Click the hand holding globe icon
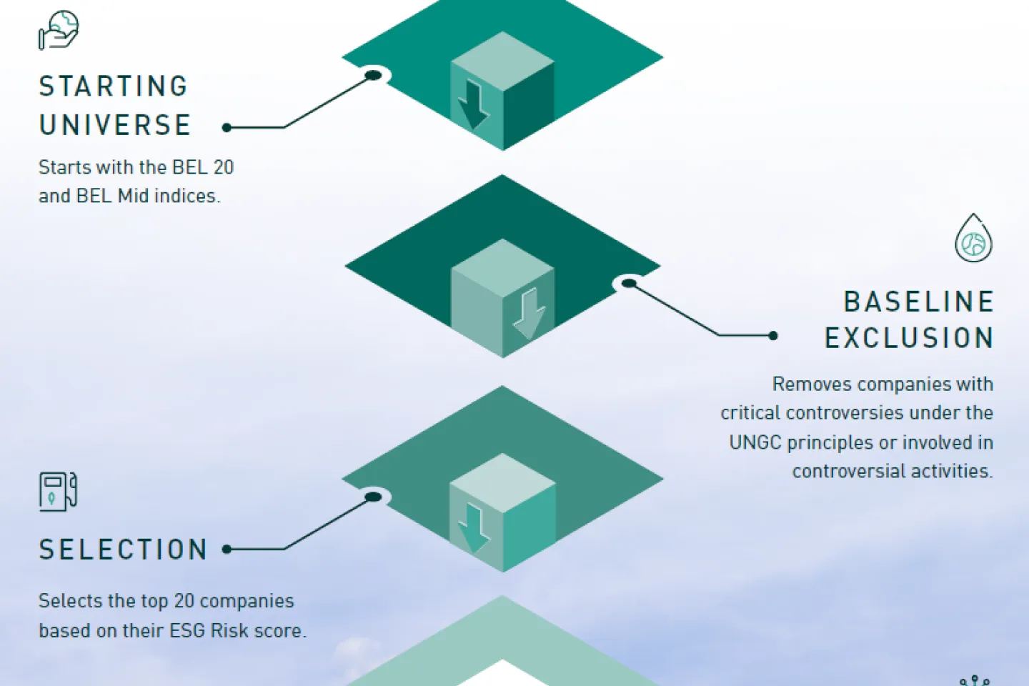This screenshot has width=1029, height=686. (x=59, y=30)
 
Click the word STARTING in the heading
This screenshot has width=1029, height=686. (x=114, y=86)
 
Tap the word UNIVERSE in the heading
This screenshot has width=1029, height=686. (x=115, y=125)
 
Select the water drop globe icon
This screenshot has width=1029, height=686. (x=973, y=239)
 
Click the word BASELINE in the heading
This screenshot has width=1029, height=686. (x=919, y=302)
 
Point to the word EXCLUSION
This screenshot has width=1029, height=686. (x=909, y=338)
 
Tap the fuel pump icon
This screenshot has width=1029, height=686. (x=58, y=492)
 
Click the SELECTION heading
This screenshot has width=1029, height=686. (x=123, y=550)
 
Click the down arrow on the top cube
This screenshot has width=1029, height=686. (x=472, y=104)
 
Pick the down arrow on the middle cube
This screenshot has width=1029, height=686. (x=529, y=313)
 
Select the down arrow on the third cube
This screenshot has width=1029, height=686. (x=473, y=527)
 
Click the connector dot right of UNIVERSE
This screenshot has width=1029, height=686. (x=227, y=128)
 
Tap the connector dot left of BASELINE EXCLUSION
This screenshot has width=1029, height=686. (x=772, y=335)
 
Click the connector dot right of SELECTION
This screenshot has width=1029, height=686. (x=227, y=550)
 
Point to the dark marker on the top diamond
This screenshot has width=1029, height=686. (x=373, y=75)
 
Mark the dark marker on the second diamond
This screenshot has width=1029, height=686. (x=629, y=284)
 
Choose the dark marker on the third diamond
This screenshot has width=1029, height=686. (x=373, y=497)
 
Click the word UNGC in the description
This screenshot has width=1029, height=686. (x=755, y=443)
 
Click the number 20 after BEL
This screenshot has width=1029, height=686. (x=224, y=167)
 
